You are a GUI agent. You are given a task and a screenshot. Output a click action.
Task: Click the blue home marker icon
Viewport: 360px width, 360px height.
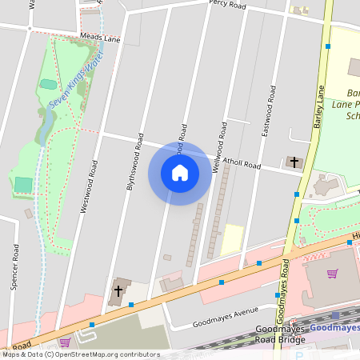click(180, 173)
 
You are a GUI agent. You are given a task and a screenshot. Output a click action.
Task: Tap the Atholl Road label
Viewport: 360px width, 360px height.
click(242, 163)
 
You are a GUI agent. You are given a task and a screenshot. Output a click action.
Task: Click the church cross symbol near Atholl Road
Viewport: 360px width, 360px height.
click(294, 162)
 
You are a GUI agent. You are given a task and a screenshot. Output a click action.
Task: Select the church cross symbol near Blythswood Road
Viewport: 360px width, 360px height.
click(118, 291)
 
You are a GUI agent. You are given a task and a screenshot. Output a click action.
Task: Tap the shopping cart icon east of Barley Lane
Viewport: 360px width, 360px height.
click(332, 274)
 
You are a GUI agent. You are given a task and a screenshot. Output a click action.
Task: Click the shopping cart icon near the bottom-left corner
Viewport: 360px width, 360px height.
click(65, 342)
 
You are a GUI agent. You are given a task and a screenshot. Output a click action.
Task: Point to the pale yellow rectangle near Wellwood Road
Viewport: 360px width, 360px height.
click(232, 239)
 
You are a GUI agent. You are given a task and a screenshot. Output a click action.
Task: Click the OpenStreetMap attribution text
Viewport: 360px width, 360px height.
click(80, 354)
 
